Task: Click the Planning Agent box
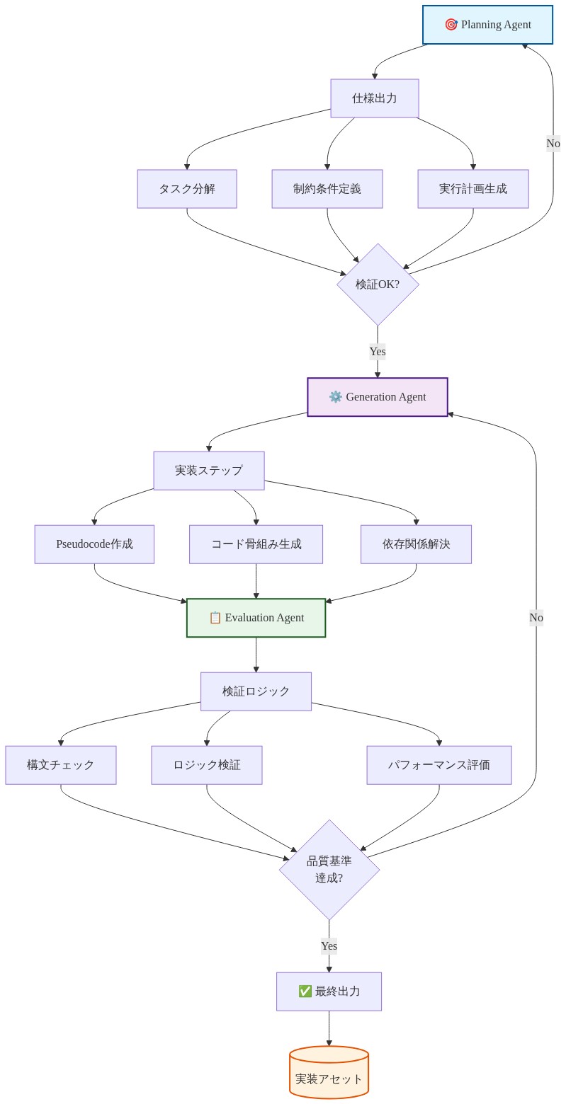487,25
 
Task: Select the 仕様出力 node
375,98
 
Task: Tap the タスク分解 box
187,189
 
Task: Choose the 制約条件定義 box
327,189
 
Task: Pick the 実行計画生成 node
473,189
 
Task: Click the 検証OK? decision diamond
378,284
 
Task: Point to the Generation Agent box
378,397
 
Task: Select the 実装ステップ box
209,471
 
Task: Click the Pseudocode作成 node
94,544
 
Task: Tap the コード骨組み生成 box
256,544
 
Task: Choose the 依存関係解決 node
416,544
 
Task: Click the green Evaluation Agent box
256,618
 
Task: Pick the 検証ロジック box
256,691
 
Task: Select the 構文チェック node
61,765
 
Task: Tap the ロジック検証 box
207,765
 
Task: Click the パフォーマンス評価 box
439,765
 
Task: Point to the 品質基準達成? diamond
329,870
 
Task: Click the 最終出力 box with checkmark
329,991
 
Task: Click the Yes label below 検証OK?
378,351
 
